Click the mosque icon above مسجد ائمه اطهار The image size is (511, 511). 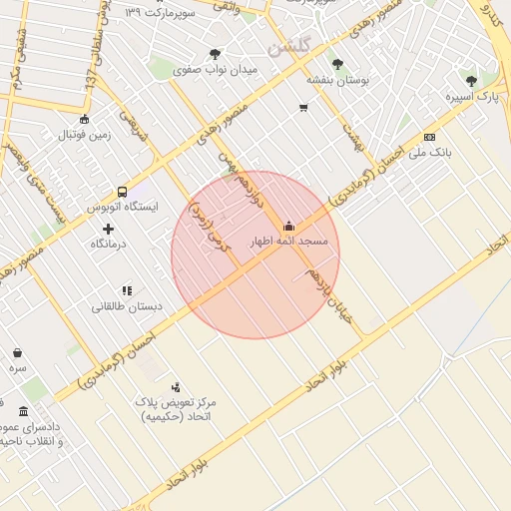(x=289, y=225)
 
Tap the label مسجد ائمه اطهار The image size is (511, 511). (x=289, y=243)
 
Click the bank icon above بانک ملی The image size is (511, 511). (x=429, y=137)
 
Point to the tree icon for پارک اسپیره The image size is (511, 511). (x=471, y=81)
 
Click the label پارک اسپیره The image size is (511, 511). (x=471, y=97)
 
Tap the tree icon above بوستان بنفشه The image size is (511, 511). (x=336, y=64)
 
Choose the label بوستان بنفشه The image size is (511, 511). (x=337, y=80)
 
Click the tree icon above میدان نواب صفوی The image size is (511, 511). (x=215, y=54)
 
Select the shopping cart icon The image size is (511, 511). (x=303, y=107)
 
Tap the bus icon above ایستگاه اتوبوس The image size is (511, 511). (x=122, y=191)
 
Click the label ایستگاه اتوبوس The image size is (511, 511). (x=123, y=207)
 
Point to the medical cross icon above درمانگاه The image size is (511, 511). (x=108, y=229)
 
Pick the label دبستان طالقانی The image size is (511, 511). (x=127, y=306)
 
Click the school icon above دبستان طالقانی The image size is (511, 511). (x=127, y=290)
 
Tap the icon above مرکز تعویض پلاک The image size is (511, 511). (x=176, y=386)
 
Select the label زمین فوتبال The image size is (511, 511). (x=84, y=135)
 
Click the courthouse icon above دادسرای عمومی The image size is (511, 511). (x=23, y=410)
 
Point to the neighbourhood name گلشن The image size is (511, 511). (x=290, y=45)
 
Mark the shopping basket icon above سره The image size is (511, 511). (x=18, y=352)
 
